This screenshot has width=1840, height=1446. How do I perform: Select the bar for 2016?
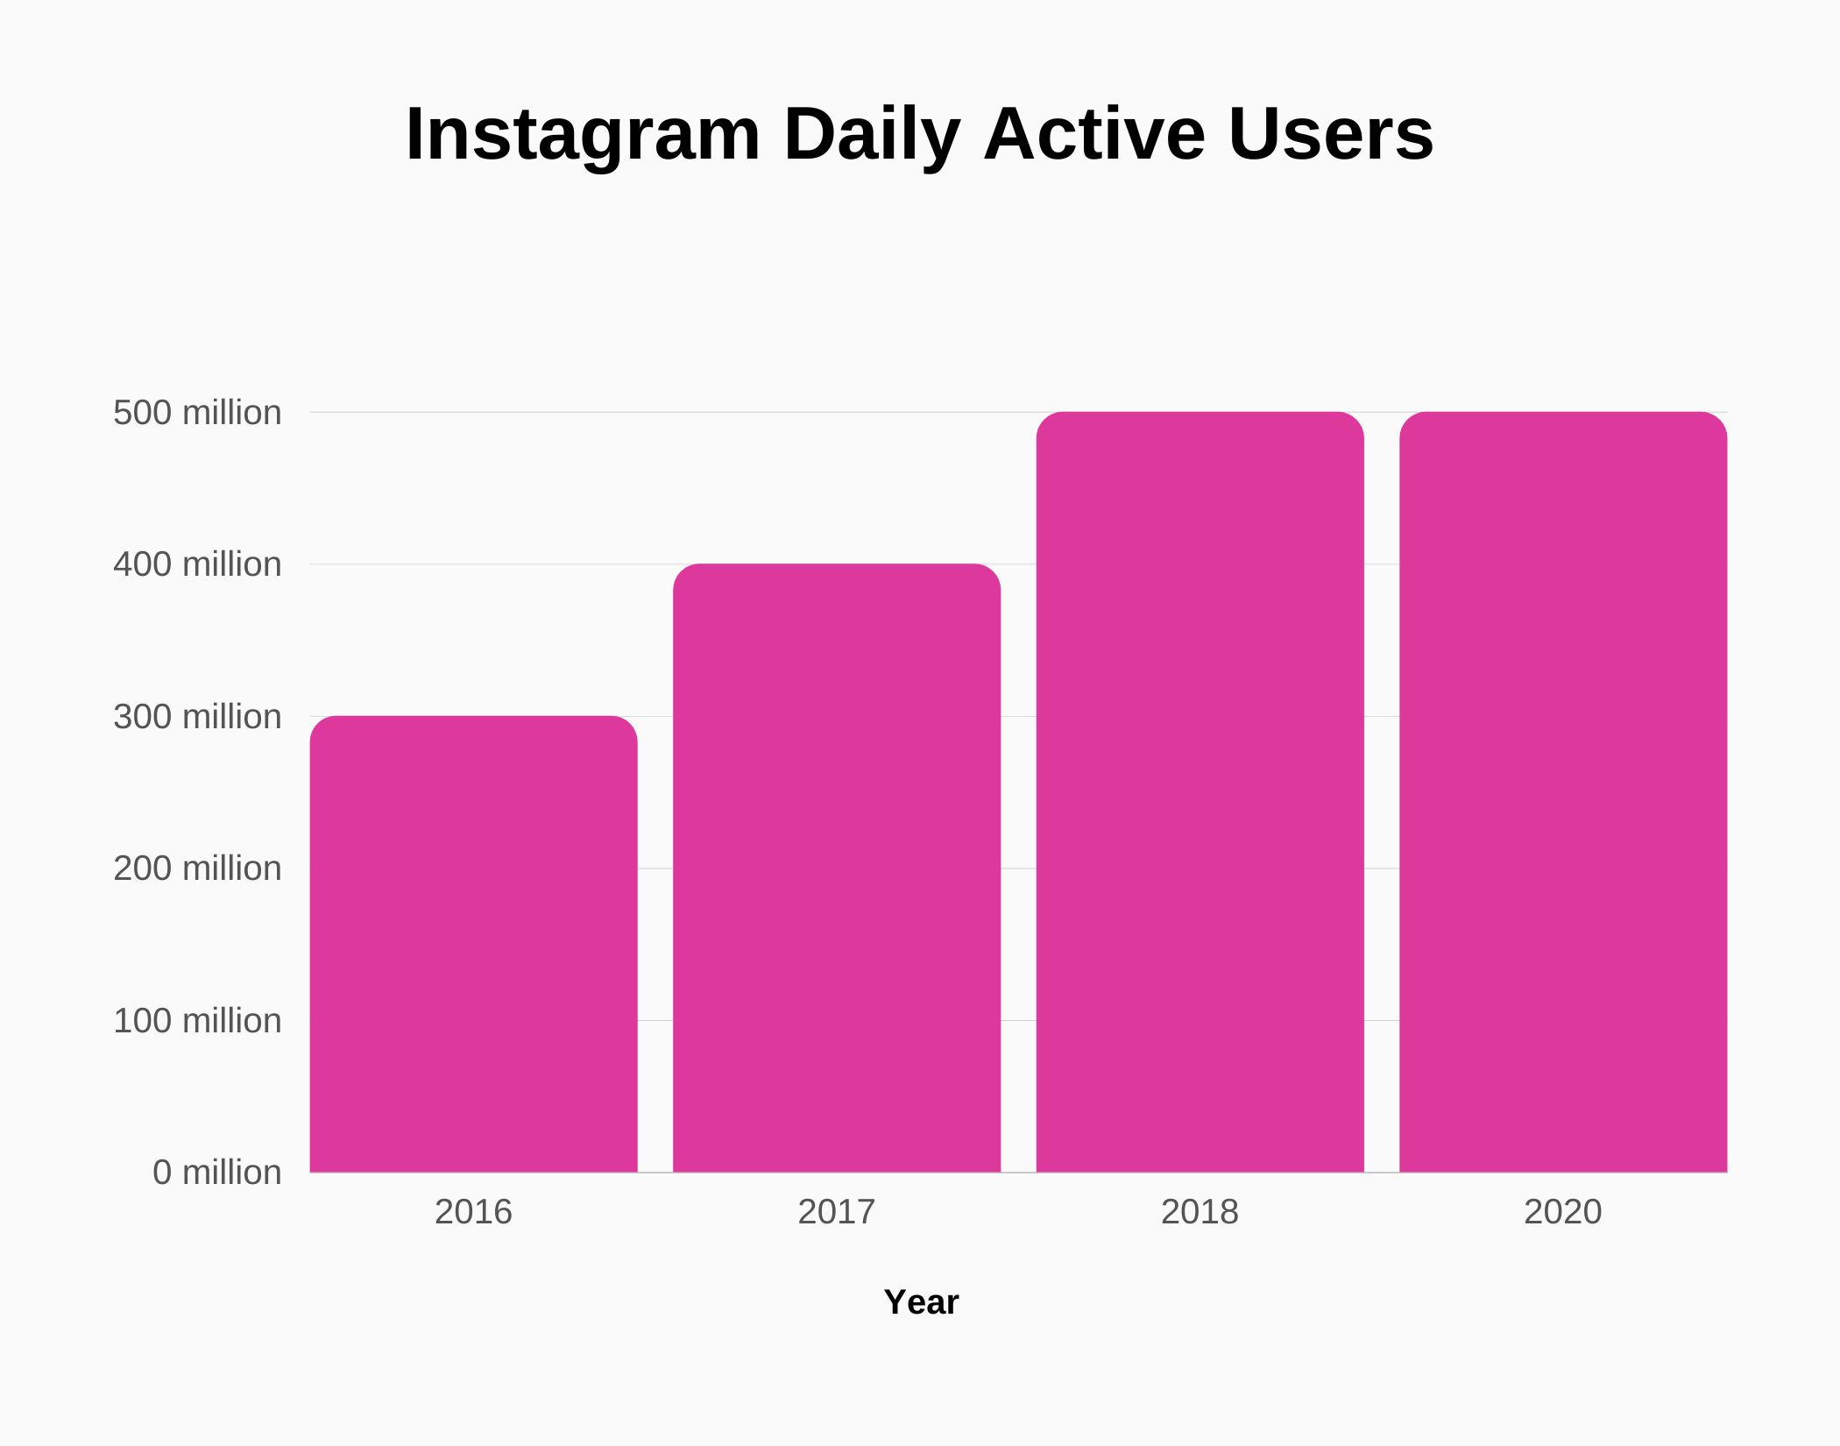click(473, 944)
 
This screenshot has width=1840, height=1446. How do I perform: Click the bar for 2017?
click(836, 868)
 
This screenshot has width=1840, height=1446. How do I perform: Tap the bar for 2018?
click(1200, 791)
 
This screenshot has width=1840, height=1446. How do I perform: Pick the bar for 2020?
click(1563, 791)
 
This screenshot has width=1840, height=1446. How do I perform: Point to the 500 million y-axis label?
click(197, 413)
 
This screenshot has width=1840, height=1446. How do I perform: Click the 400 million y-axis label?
click(197, 564)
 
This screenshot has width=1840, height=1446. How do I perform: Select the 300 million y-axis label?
click(197, 717)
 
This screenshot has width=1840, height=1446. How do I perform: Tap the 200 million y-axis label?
click(197, 868)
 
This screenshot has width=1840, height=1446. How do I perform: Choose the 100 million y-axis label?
click(197, 1021)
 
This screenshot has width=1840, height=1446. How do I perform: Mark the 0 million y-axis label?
click(216, 1173)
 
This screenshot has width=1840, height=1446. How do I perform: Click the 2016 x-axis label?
click(473, 1212)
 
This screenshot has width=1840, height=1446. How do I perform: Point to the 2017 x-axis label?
click(836, 1212)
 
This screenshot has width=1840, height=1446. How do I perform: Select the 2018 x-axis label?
click(1200, 1212)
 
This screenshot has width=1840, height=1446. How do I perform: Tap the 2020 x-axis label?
click(1562, 1212)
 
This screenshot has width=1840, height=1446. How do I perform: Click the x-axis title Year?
click(921, 1302)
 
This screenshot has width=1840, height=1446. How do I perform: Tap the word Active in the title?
click(1094, 134)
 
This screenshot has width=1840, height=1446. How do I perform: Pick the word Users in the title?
click(1331, 134)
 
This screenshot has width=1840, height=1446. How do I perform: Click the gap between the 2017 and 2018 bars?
click(1018, 876)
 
